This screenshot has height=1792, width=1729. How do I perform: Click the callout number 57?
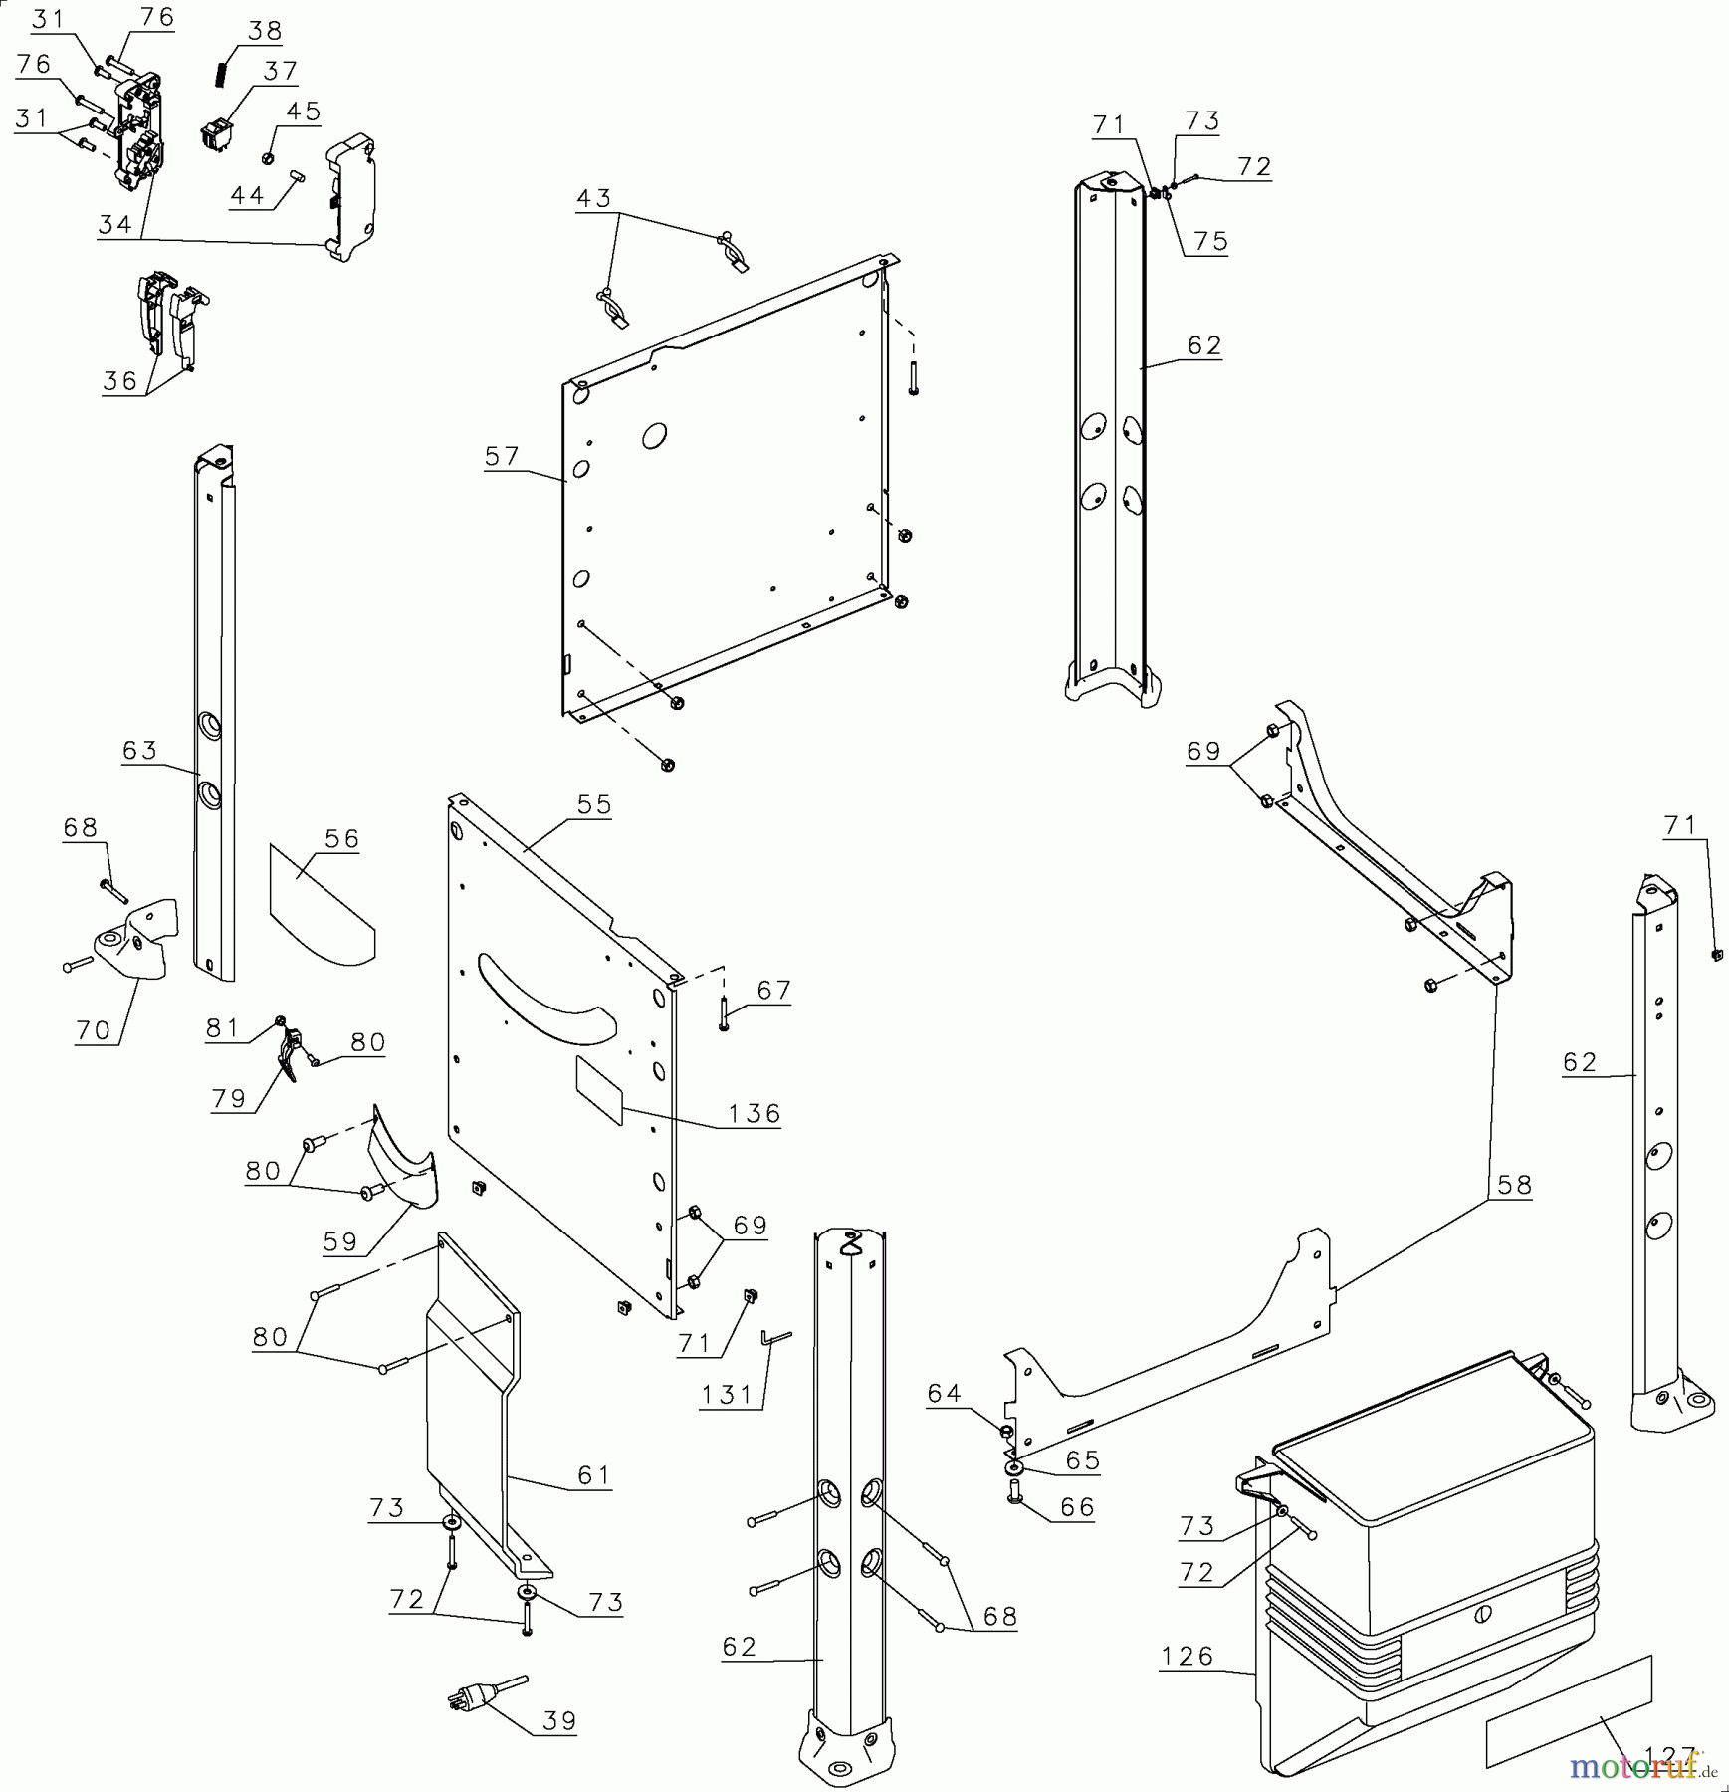pyautogui.click(x=502, y=456)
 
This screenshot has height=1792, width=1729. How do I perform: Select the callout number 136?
pyautogui.click(x=754, y=1113)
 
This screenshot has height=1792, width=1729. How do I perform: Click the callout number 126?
pyautogui.click(x=1187, y=1657)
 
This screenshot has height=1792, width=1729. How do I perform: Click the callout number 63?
pyautogui.click(x=140, y=750)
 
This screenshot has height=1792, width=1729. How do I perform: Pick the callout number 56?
pyautogui.click(x=341, y=838)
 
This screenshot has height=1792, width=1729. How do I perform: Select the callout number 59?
pyautogui.click(x=340, y=1241)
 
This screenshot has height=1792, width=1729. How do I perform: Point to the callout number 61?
pyautogui.click(x=593, y=1474)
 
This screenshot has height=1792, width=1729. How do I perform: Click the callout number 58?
pyautogui.click(x=1514, y=1185)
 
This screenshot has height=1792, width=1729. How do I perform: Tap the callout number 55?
pyautogui.click(x=594, y=804)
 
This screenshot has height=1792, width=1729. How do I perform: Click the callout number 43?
pyautogui.click(x=593, y=198)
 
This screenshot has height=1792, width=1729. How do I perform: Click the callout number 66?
pyautogui.click(x=1077, y=1507)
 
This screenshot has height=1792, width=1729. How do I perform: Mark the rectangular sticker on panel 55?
pyautogui.click(x=599, y=1089)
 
